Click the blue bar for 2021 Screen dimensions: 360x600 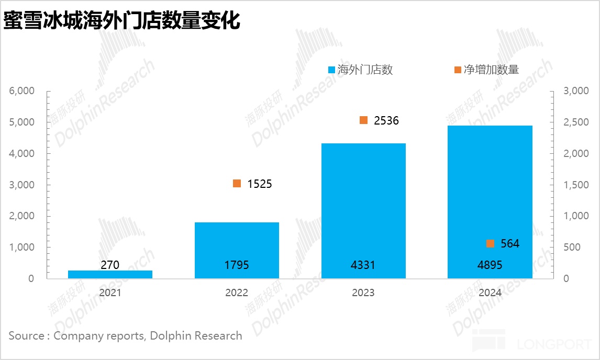(110, 274)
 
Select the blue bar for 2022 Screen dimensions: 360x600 (237, 250)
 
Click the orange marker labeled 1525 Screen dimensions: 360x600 (237, 184)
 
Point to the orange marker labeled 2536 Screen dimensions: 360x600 (364, 120)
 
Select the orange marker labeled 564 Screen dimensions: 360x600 (490, 243)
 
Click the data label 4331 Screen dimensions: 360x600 (363, 265)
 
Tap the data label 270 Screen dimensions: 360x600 (110, 265)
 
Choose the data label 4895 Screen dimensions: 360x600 (490, 265)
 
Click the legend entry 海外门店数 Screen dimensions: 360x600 (364, 70)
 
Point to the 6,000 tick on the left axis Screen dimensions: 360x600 (21, 91)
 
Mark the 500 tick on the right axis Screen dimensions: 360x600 (572, 247)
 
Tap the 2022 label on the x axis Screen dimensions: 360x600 (237, 292)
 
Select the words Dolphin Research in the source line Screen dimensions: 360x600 (196, 335)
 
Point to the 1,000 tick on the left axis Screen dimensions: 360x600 (21, 247)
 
